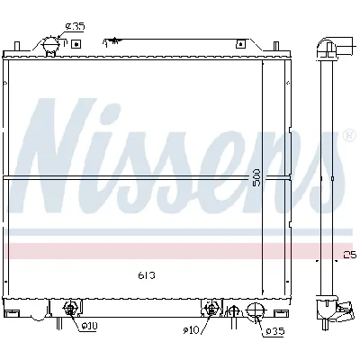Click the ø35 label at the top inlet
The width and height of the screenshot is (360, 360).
coord(76,27)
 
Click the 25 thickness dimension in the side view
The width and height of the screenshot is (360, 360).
coord(349,255)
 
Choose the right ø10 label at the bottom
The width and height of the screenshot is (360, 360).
coord(190,330)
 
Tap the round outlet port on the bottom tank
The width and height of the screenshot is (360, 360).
coord(254,312)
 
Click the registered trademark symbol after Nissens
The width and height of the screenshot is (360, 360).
coord(348,137)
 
